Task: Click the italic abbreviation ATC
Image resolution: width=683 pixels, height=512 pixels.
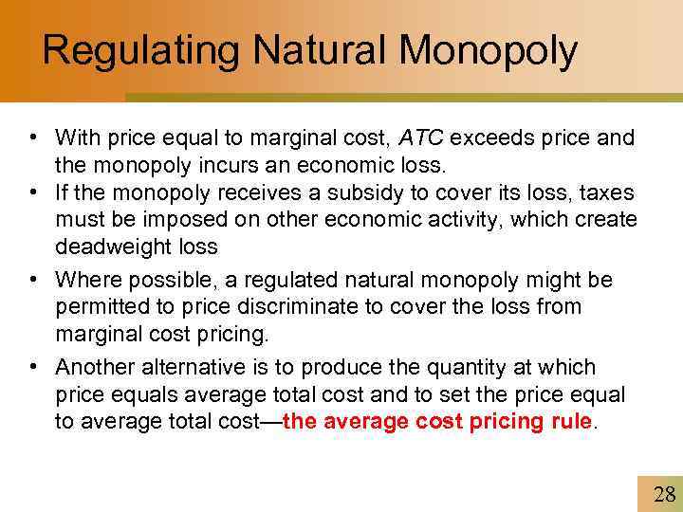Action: pos(422,138)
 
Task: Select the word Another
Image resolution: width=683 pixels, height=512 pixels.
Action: pos(89,367)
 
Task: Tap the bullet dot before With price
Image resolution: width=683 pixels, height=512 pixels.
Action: pos(32,138)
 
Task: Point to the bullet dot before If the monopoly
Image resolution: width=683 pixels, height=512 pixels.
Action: pos(32,192)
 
